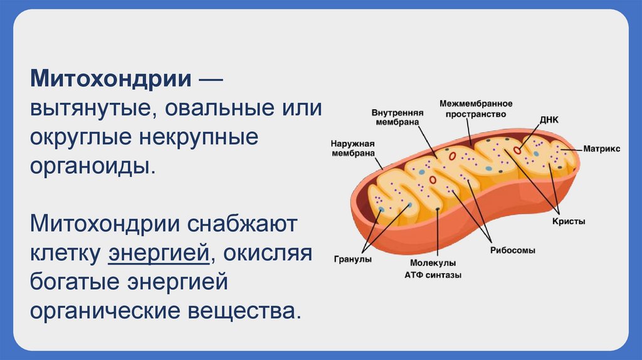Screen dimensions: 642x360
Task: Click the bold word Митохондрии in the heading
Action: (x=111, y=80)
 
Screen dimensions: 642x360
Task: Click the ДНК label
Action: (x=544, y=118)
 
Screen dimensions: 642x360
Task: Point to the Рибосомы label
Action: (x=512, y=250)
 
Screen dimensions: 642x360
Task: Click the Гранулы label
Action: (x=353, y=259)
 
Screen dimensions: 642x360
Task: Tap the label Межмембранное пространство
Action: (x=476, y=109)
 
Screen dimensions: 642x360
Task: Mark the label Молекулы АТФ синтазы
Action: (x=433, y=269)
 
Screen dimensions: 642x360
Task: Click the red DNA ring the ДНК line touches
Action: (x=518, y=150)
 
